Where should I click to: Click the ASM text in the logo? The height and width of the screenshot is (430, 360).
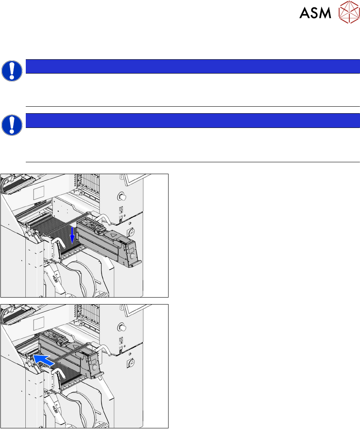coord(315,13)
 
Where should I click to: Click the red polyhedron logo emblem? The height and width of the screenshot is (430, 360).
coord(349,12)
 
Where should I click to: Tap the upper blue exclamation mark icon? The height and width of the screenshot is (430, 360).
coord(12,71)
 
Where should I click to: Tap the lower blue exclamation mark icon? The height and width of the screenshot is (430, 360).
coord(12,125)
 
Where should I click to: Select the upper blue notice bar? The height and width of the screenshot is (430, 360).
coord(193,66)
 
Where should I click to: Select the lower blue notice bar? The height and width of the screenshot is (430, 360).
coord(193,121)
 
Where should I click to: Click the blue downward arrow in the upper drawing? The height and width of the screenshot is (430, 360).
coord(72,235)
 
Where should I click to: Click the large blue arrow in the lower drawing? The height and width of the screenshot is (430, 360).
coord(44,360)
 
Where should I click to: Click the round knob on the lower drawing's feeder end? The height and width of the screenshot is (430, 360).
coord(94,367)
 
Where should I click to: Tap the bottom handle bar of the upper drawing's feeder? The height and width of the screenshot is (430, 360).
coord(135,264)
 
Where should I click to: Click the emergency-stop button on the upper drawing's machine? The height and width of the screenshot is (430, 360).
coord(122,197)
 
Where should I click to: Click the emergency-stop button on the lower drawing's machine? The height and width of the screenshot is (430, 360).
coord(122,327)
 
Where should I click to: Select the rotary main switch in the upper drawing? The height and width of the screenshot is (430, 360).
coord(131,232)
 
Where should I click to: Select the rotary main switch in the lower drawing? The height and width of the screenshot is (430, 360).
coord(131,363)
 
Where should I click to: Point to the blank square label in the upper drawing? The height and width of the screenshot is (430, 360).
coord(39,193)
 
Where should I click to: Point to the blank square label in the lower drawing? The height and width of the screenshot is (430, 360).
coord(39,323)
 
